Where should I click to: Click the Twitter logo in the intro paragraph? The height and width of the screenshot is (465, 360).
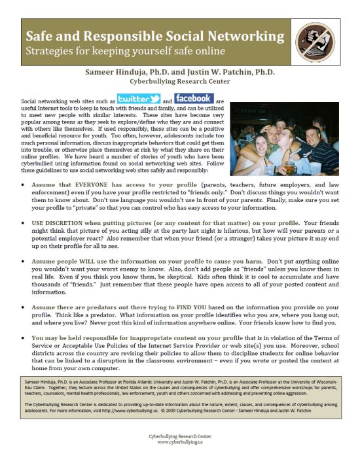pos(139,99)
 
